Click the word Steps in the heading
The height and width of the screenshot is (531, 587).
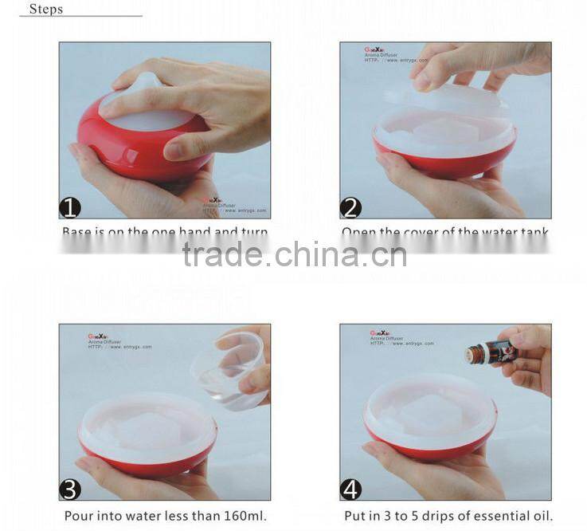[46, 10]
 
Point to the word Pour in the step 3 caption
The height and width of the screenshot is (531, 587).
[78, 516]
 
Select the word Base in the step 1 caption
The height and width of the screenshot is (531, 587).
[77, 232]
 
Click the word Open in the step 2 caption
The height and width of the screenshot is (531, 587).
[358, 232]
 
